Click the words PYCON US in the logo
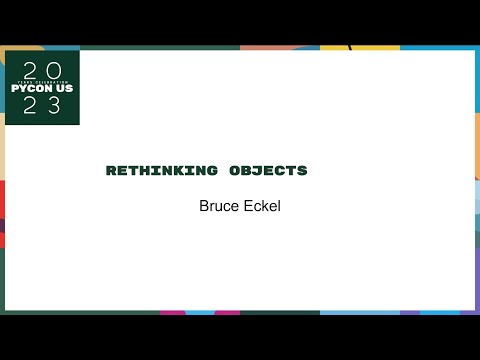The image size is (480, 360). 41,88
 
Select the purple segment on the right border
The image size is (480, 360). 476,270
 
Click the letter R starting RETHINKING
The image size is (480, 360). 111,171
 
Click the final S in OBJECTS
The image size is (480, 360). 302,171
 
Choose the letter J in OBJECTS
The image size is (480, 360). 258,171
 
